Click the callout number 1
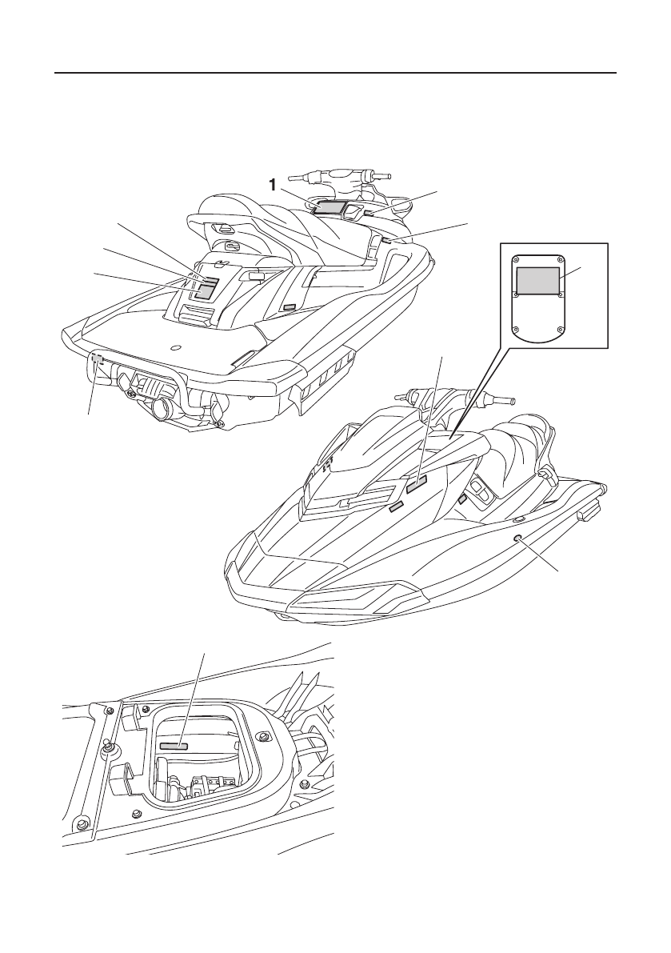point(274,185)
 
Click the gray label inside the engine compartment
point(174,744)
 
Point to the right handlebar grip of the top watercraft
point(381,175)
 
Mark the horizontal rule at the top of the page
point(336,73)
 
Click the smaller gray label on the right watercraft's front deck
point(395,505)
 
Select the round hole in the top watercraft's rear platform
point(176,347)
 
